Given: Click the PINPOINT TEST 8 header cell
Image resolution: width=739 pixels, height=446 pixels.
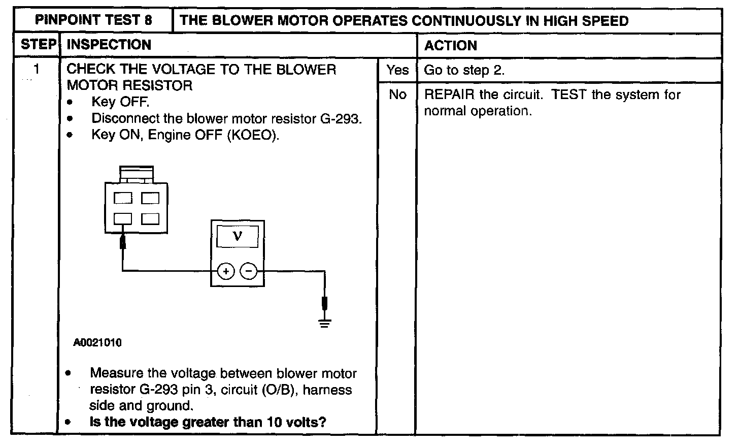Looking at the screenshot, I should (x=93, y=21).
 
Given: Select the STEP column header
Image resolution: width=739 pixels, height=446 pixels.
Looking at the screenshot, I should (x=38, y=45).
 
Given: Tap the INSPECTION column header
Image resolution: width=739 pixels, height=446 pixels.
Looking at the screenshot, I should (x=109, y=45).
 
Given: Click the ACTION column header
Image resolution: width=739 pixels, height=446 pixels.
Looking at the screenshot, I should (x=451, y=46).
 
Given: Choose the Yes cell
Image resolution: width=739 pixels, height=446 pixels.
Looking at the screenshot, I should (x=397, y=70).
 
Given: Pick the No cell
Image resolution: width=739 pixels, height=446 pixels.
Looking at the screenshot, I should (x=397, y=94).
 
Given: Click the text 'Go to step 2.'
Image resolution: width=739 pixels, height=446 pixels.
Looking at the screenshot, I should (x=464, y=70).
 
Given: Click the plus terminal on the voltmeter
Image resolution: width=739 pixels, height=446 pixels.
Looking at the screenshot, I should (x=226, y=272).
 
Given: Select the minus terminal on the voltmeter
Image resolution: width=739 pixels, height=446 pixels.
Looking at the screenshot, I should (x=249, y=272).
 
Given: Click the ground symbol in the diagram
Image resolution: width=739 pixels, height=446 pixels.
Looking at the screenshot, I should (x=325, y=322).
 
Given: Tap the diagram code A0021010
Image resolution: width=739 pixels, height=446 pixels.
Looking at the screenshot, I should (x=97, y=343).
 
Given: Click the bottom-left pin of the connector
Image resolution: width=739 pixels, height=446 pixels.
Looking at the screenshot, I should (x=122, y=219).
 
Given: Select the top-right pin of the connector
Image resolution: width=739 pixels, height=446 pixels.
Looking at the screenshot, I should (x=150, y=198).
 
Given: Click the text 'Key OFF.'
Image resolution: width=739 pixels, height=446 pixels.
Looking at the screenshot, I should (x=120, y=102).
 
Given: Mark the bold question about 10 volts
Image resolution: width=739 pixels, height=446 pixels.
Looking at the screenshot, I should (x=208, y=422).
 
